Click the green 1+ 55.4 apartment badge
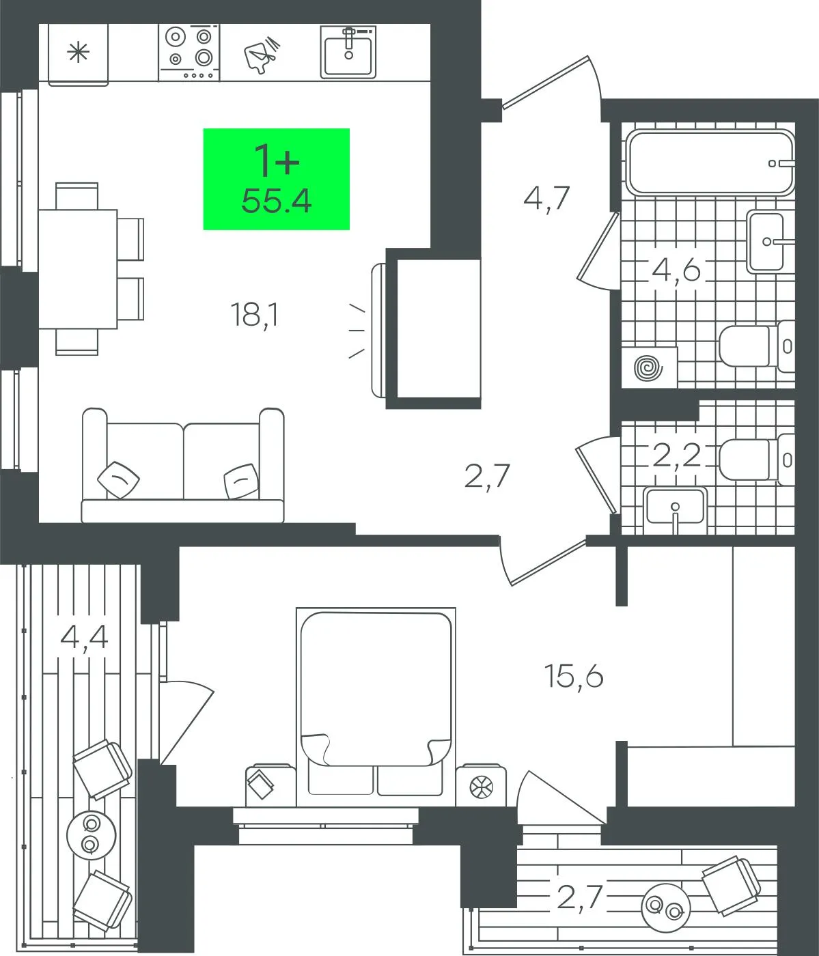pos(276,179)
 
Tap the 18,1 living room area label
pos(254,315)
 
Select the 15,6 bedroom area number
pos(574,676)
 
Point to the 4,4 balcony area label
pos(84,637)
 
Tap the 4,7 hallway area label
pos(546,199)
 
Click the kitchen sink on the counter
pos(348,52)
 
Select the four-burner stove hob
pos(189,53)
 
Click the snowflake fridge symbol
pos(78,52)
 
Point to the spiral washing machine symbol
pos(649,367)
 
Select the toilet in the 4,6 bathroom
pos(757,346)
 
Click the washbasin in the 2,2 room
pos(675,509)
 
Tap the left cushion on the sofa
pos(119,479)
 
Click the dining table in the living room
pos(78,269)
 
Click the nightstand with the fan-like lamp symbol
pos(481,786)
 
